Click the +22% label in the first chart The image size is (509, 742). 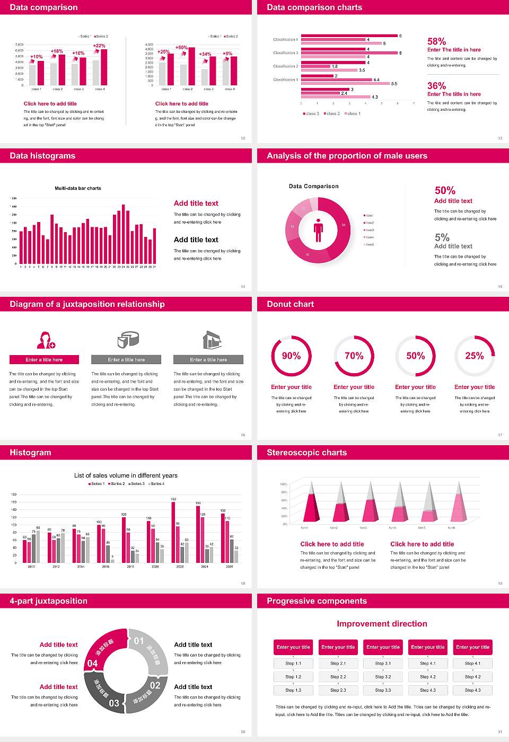click(x=99, y=46)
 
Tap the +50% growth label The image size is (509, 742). click(x=181, y=48)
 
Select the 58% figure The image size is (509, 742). click(x=436, y=41)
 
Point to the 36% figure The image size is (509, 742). click(x=436, y=86)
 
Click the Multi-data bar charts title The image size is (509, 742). click(x=78, y=188)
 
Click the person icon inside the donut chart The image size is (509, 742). click(x=318, y=230)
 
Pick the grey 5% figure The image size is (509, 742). click(x=442, y=237)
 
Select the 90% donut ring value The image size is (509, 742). click(x=291, y=356)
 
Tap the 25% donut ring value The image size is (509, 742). click(x=474, y=356)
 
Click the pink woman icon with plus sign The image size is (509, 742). click(x=46, y=340)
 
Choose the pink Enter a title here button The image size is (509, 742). click(x=45, y=359)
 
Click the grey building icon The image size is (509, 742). click(x=212, y=340)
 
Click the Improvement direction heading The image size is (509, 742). click(x=382, y=624)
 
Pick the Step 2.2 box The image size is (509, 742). click(x=338, y=676)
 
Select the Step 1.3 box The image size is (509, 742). click(x=293, y=690)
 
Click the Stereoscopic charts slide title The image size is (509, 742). click(x=306, y=453)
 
